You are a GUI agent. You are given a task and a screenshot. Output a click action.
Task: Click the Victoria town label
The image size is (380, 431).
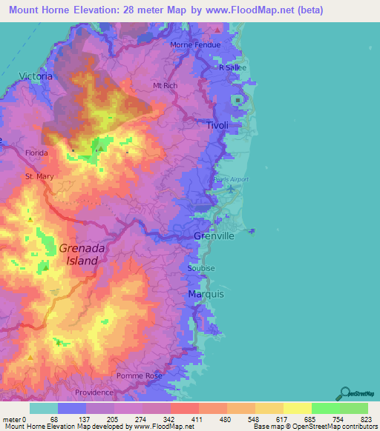tap(36, 76)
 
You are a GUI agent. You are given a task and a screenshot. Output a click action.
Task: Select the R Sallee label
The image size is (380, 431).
tap(232, 67)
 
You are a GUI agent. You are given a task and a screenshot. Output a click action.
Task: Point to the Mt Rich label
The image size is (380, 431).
tap(165, 86)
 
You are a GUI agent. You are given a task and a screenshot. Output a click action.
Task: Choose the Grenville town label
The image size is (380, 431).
tap(214, 236)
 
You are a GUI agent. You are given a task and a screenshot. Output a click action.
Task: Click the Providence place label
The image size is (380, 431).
tap(94, 392)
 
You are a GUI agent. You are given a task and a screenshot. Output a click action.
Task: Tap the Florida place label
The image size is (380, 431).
tap(36, 153)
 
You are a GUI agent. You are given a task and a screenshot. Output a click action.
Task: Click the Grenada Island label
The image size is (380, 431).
tap(78, 255)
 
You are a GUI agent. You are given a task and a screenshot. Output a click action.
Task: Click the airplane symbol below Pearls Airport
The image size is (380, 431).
tap(231, 189)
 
